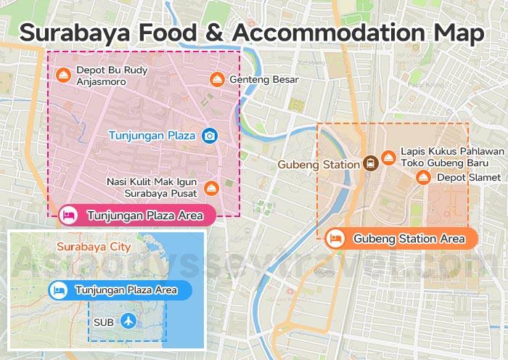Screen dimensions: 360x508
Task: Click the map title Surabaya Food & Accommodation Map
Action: click(251, 33)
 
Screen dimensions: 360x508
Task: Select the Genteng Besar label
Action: click(263, 79)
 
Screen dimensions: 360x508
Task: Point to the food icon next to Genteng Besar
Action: click(216, 79)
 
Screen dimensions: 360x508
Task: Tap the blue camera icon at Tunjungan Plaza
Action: click(210, 136)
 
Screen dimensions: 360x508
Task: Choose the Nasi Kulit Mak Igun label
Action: click(151, 188)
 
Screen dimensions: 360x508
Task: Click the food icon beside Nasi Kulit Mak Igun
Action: click(210, 188)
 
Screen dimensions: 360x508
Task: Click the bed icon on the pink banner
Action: click(69, 215)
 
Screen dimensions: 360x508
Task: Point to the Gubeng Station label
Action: click(319, 165)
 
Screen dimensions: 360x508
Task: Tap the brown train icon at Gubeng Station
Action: click(369, 163)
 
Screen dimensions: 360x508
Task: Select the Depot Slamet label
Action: click(468, 177)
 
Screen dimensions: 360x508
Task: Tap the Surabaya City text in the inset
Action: click(94, 247)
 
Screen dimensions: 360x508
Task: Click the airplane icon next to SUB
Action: click(128, 320)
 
